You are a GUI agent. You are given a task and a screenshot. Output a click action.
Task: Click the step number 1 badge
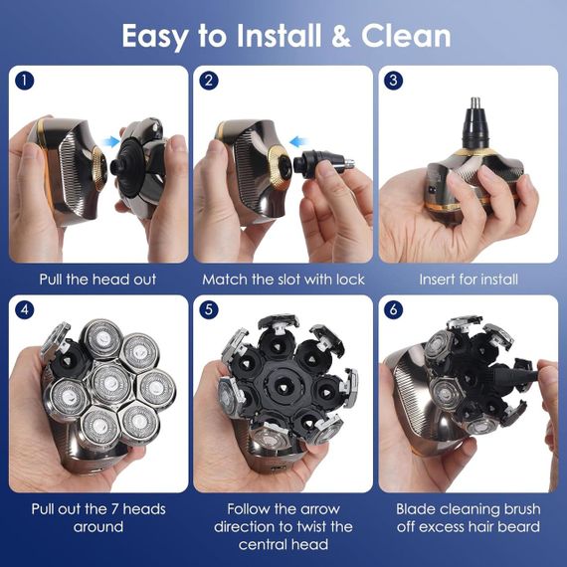(x=25, y=81)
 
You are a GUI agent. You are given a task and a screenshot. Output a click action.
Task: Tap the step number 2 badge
(x=209, y=81)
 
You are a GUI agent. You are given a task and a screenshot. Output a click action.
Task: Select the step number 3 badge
(x=394, y=81)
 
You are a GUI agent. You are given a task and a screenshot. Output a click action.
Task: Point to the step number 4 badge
(x=25, y=310)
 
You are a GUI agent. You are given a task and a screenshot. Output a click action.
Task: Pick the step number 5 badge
(x=209, y=310)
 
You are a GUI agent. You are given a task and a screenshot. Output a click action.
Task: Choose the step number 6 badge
(x=394, y=310)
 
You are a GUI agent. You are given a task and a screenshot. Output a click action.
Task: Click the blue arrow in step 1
(x=110, y=141)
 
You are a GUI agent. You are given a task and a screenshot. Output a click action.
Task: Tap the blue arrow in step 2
(x=299, y=141)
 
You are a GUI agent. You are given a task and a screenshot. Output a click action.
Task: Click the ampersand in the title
(x=340, y=36)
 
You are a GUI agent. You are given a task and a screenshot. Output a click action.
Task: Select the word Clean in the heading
(x=406, y=36)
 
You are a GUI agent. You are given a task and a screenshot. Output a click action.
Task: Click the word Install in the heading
(x=279, y=36)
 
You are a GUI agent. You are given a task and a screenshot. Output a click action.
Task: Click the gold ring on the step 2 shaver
(x=279, y=168)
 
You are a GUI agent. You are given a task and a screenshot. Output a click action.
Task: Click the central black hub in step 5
(x=283, y=387)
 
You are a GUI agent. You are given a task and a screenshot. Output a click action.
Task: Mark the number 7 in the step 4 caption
(x=115, y=509)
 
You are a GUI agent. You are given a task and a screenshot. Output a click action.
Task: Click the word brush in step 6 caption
(x=522, y=509)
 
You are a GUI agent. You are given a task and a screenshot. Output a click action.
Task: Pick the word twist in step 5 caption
(x=323, y=526)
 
